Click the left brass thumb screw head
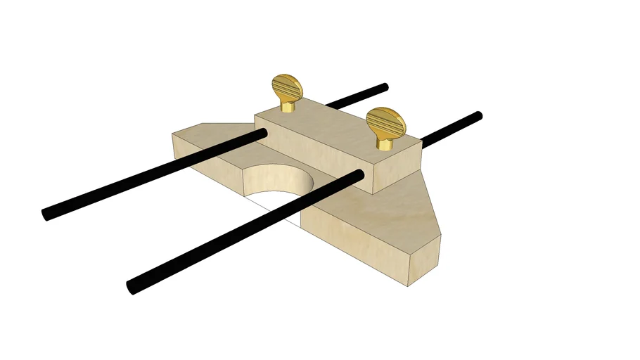coord(287,89)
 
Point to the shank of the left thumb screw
coord(287,107)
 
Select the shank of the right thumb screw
coord(384,143)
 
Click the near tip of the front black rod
coord(132,286)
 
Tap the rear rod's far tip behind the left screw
coord(384,87)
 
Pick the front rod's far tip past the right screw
coord(478,115)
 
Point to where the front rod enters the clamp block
coord(360,174)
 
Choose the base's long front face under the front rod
coord(352,246)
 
